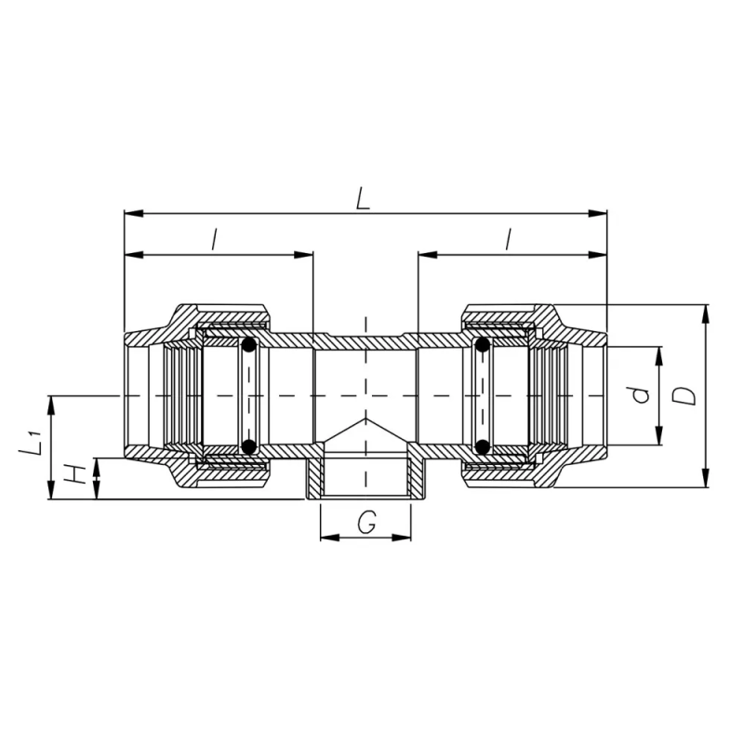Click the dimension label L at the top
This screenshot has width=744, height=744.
point(363,199)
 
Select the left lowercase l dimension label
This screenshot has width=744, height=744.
point(215,239)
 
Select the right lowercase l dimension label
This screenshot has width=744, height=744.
point(509,239)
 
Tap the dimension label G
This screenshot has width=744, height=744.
point(366,523)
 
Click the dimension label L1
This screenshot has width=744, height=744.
point(31,443)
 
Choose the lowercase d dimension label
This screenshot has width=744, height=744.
point(641,395)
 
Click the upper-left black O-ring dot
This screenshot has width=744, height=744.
point(249,344)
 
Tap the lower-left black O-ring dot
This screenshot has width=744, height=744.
point(249,446)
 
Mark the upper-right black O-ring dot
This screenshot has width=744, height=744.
point(482,344)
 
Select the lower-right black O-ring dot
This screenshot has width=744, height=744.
point(482,446)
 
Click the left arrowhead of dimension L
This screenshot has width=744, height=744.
point(133,214)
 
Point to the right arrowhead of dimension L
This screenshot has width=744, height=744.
point(597,214)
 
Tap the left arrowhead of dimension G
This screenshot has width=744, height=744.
point(330,538)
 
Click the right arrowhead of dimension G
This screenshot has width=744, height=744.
point(402,538)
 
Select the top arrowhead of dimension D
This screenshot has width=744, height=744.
point(706,313)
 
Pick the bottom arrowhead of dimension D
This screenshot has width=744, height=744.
point(706,478)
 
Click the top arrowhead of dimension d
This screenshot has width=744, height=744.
point(658,356)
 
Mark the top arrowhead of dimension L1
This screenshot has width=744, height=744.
point(51,405)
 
